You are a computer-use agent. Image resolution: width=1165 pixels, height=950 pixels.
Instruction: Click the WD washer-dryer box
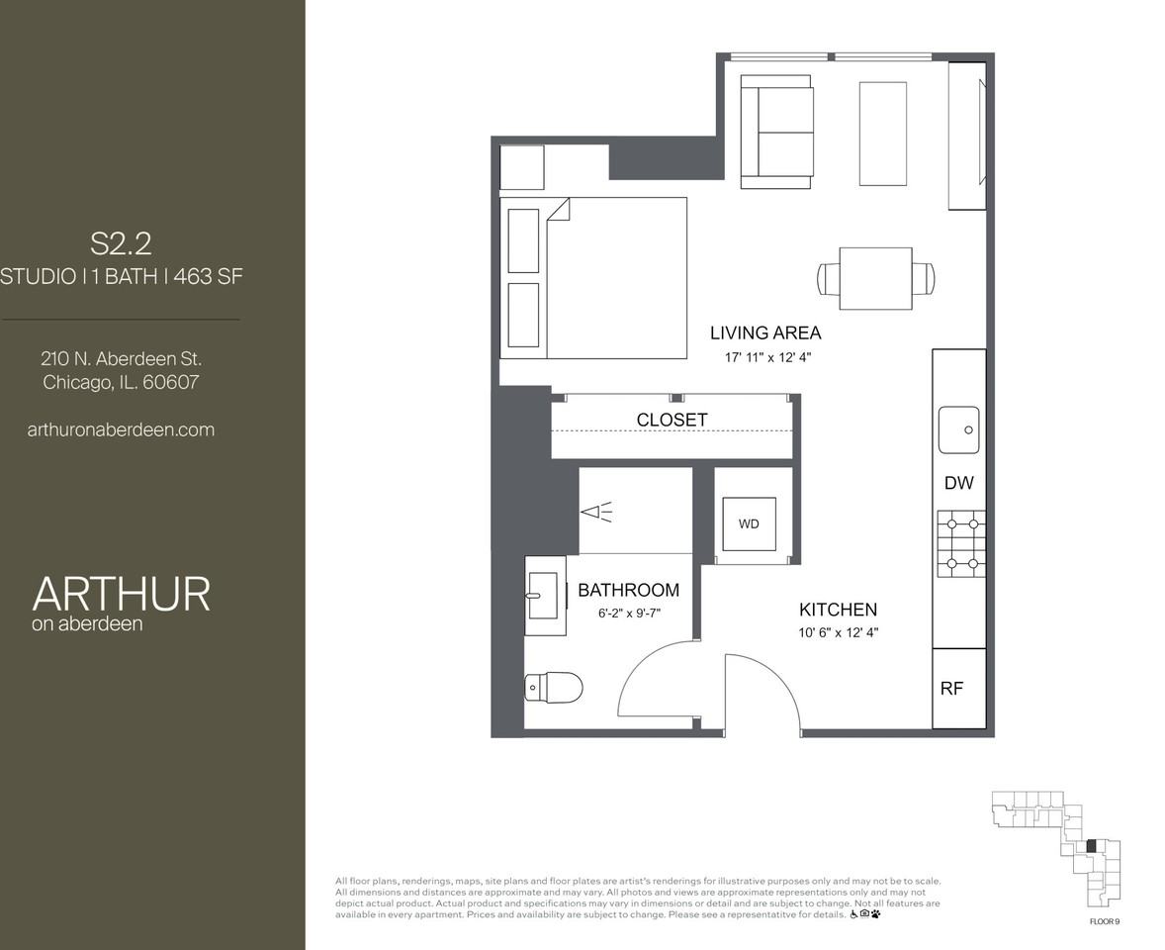pos(749,523)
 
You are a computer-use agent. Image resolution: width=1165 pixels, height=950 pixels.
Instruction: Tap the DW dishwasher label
pos(958,483)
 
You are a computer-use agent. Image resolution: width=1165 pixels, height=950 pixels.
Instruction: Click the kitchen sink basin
pos(958,429)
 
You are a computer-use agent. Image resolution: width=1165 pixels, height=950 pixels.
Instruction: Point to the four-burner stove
pos(961,544)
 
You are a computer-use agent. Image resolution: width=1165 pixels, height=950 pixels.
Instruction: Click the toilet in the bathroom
pos(554,687)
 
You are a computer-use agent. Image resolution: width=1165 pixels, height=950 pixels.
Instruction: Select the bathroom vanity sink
pos(543,595)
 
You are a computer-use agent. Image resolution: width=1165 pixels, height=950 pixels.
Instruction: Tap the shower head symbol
pos(596,512)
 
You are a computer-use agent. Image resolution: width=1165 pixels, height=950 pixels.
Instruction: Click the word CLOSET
pos(672,420)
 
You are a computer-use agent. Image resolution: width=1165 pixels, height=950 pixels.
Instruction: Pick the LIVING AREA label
pos(764,332)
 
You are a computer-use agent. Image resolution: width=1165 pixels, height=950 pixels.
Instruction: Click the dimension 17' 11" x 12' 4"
pos(767,357)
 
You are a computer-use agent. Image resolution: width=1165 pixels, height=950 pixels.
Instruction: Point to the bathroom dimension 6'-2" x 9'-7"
pos(628,614)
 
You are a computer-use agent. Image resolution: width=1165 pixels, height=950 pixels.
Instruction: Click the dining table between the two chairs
pos(875,278)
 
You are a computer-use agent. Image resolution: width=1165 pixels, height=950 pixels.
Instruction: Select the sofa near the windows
pos(777,132)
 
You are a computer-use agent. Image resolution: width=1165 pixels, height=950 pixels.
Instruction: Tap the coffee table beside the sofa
pos(882,134)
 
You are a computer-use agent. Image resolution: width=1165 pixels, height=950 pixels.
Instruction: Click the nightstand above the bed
pos(521,167)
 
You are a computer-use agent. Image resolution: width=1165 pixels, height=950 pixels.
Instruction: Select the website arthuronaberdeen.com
pos(121,429)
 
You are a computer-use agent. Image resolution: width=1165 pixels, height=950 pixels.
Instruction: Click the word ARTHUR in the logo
pos(121,593)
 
